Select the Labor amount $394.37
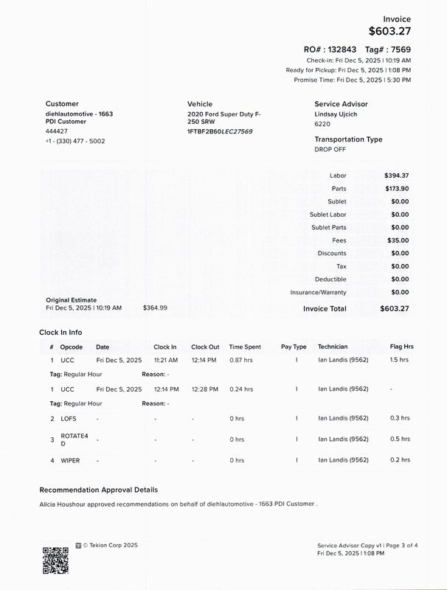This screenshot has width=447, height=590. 396,176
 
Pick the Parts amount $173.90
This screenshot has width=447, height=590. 396,189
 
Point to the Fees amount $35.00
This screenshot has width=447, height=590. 398,240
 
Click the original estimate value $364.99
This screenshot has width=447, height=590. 155,308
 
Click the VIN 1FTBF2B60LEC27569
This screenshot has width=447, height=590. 220,131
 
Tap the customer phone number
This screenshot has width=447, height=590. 75,141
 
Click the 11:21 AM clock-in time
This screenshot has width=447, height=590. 165,360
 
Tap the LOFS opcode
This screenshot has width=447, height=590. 69,418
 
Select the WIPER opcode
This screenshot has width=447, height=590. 70,460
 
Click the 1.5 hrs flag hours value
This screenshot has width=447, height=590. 399,360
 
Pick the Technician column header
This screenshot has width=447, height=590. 332,347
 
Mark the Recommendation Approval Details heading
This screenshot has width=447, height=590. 98,490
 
